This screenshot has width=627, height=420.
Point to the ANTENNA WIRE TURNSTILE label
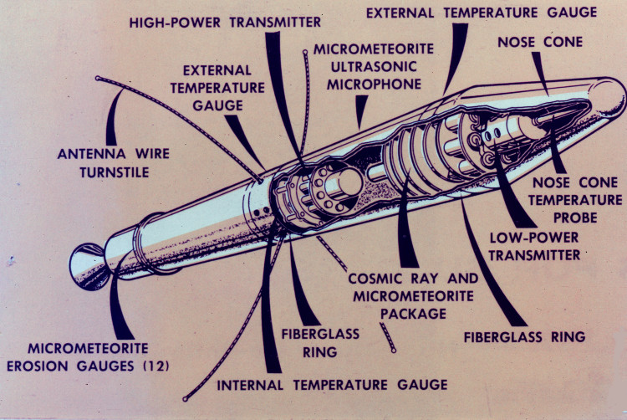(104, 163)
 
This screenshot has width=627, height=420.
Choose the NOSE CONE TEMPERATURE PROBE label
(577, 200)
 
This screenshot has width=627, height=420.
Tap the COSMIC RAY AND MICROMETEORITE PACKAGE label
(414, 295)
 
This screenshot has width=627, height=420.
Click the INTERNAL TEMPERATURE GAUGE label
(333, 385)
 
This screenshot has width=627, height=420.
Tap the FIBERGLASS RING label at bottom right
(524, 338)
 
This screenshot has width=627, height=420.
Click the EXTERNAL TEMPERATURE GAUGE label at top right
(482, 13)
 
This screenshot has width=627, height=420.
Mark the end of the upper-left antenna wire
(97, 79)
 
